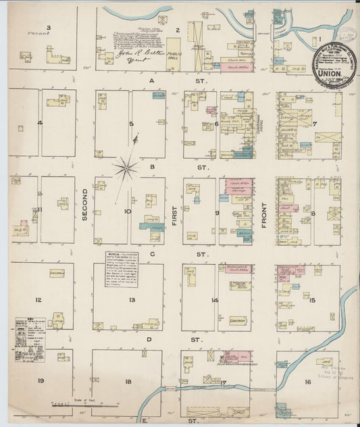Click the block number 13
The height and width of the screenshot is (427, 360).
(132, 299)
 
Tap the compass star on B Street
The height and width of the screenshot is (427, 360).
(126, 166)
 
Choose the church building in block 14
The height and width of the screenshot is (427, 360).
(236, 320)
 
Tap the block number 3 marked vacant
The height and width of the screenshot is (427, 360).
(49, 27)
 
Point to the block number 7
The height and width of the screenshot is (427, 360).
(314, 124)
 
